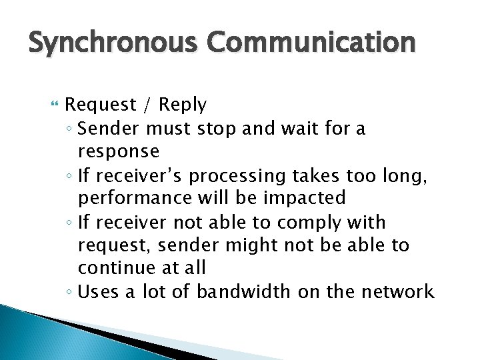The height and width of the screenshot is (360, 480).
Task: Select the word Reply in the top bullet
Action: [183, 105]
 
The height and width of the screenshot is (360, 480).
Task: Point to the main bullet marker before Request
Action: [54, 104]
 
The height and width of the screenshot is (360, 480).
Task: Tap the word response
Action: [119, 152]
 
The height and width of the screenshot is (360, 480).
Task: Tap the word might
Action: [246, 245]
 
